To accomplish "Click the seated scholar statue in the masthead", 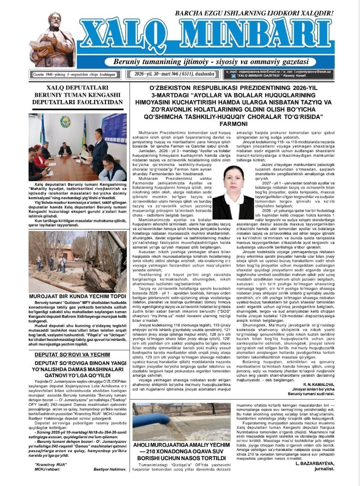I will [52, 40].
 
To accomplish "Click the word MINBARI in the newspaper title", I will [263, 36].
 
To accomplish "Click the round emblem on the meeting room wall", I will [65, 122].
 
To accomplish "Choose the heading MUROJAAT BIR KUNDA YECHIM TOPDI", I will [71, 296].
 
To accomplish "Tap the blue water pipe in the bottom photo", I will [152, 421].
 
